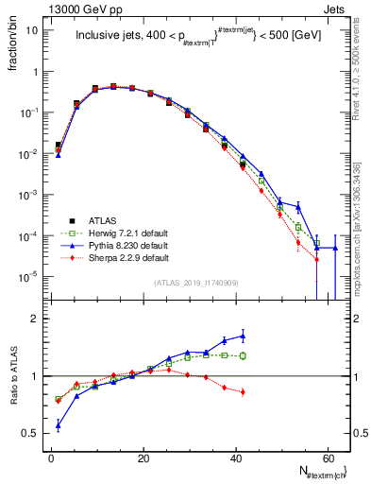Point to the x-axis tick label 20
(x=143, y=456)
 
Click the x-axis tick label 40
(x=236, y=456)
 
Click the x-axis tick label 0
(x=51, y=456)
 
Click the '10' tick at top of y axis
(x=32, y=29)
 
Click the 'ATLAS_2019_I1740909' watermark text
(x=196, y=283)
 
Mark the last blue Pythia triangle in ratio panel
(x=243, y=336)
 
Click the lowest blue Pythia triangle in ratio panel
(x=59, y=425)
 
